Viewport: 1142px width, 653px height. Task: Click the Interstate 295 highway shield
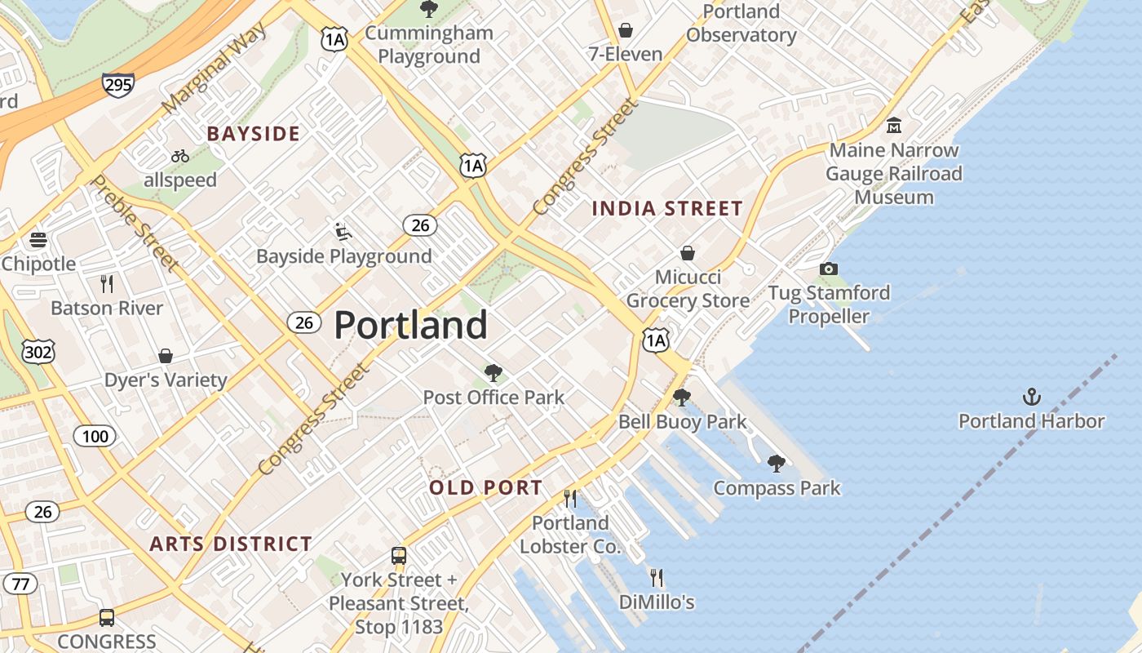[118, 84]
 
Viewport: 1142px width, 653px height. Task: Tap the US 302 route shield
[38, 352]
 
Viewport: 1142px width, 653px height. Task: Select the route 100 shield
[95, 436]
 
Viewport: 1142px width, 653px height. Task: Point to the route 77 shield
[20, 584]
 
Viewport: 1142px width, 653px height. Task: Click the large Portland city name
[410, 325]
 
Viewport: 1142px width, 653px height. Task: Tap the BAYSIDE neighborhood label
[253, 134]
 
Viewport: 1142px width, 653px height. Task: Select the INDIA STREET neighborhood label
[667, 209]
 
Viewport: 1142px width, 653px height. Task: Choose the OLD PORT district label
[485, 488]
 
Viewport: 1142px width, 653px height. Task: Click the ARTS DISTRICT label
[231, 544]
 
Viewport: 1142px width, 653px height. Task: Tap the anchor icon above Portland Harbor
[1032, 398]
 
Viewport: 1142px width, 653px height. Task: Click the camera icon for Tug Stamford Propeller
[828, 269]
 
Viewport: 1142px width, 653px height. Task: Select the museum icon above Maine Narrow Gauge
[894, 126]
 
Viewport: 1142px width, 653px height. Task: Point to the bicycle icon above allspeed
[180, 156]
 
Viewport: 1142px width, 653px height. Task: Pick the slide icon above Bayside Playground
[343, 232]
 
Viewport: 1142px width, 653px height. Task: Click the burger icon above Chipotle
[38, 240]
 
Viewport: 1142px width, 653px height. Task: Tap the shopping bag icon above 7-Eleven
[626, 30]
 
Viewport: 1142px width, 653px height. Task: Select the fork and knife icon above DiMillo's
[657, 578]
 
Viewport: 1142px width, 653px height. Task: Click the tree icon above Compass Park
[777, 464]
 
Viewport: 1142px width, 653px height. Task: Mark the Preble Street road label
[135, 222]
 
